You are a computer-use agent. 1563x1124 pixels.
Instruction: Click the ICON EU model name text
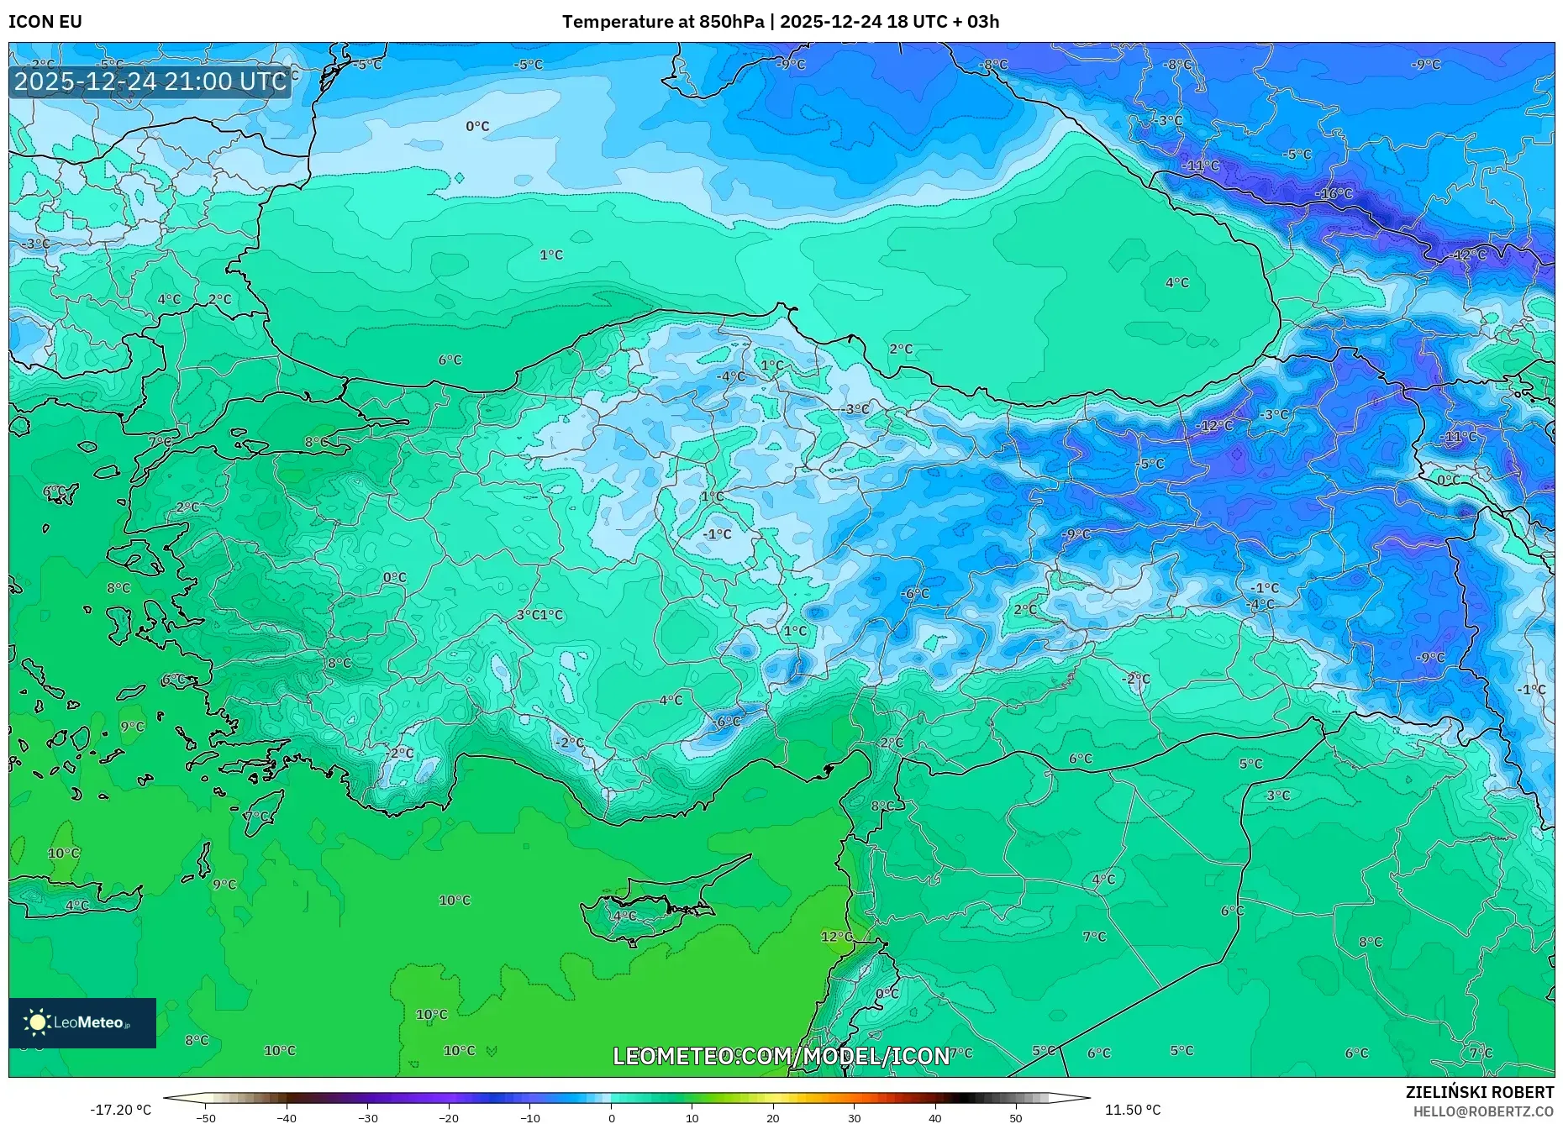(x=45, y=22)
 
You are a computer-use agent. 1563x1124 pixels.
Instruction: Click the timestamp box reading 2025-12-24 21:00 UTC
(x=150, y=81)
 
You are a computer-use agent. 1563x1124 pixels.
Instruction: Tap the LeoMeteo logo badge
(x=82, y=1022)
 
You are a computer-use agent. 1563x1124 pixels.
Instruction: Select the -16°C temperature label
(x=1334, y=194)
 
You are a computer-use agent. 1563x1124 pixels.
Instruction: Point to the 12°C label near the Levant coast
(x=836, y=937)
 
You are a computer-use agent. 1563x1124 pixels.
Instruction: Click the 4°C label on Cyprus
(x=624, y=916)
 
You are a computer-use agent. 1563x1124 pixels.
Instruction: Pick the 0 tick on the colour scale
(x=611, y=1117)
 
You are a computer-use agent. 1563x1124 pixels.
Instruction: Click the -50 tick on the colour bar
(x=206, y=1117)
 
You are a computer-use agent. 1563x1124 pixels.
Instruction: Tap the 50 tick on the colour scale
(x=1016, y=1117)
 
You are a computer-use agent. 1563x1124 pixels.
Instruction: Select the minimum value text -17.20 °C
(x=121, y=1110)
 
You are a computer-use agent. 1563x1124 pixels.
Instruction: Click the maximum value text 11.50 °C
(x=1132, y=1110)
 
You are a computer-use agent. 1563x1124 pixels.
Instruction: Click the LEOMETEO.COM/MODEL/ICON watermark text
(x=781, y=1056)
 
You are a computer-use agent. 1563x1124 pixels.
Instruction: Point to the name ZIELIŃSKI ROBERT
(x=1479, y=1092)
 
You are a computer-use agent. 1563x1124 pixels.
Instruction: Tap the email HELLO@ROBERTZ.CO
(x=1483, y=1111)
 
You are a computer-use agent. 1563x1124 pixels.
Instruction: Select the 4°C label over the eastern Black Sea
(x=1176, y=283)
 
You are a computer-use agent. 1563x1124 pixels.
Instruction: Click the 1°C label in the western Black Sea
(x=551, y=255)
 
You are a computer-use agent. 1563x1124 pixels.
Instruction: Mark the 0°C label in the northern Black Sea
(x=477, y=126)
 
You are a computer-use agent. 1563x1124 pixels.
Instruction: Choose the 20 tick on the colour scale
(x=773, y=1117)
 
